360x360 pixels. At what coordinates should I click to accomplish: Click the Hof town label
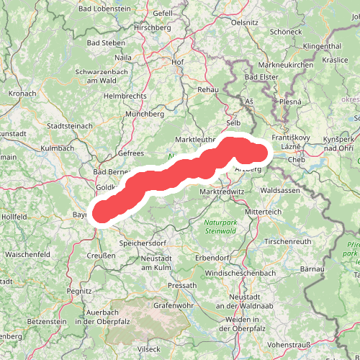(178, 62)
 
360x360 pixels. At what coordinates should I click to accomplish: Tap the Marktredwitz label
(223, 192)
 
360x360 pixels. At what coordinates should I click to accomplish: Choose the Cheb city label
(297, 160)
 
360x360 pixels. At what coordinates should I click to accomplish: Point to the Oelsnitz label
(244, 22)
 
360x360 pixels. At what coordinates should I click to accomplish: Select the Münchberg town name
(145, 114)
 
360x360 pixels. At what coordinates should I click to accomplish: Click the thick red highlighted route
(180, 174)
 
